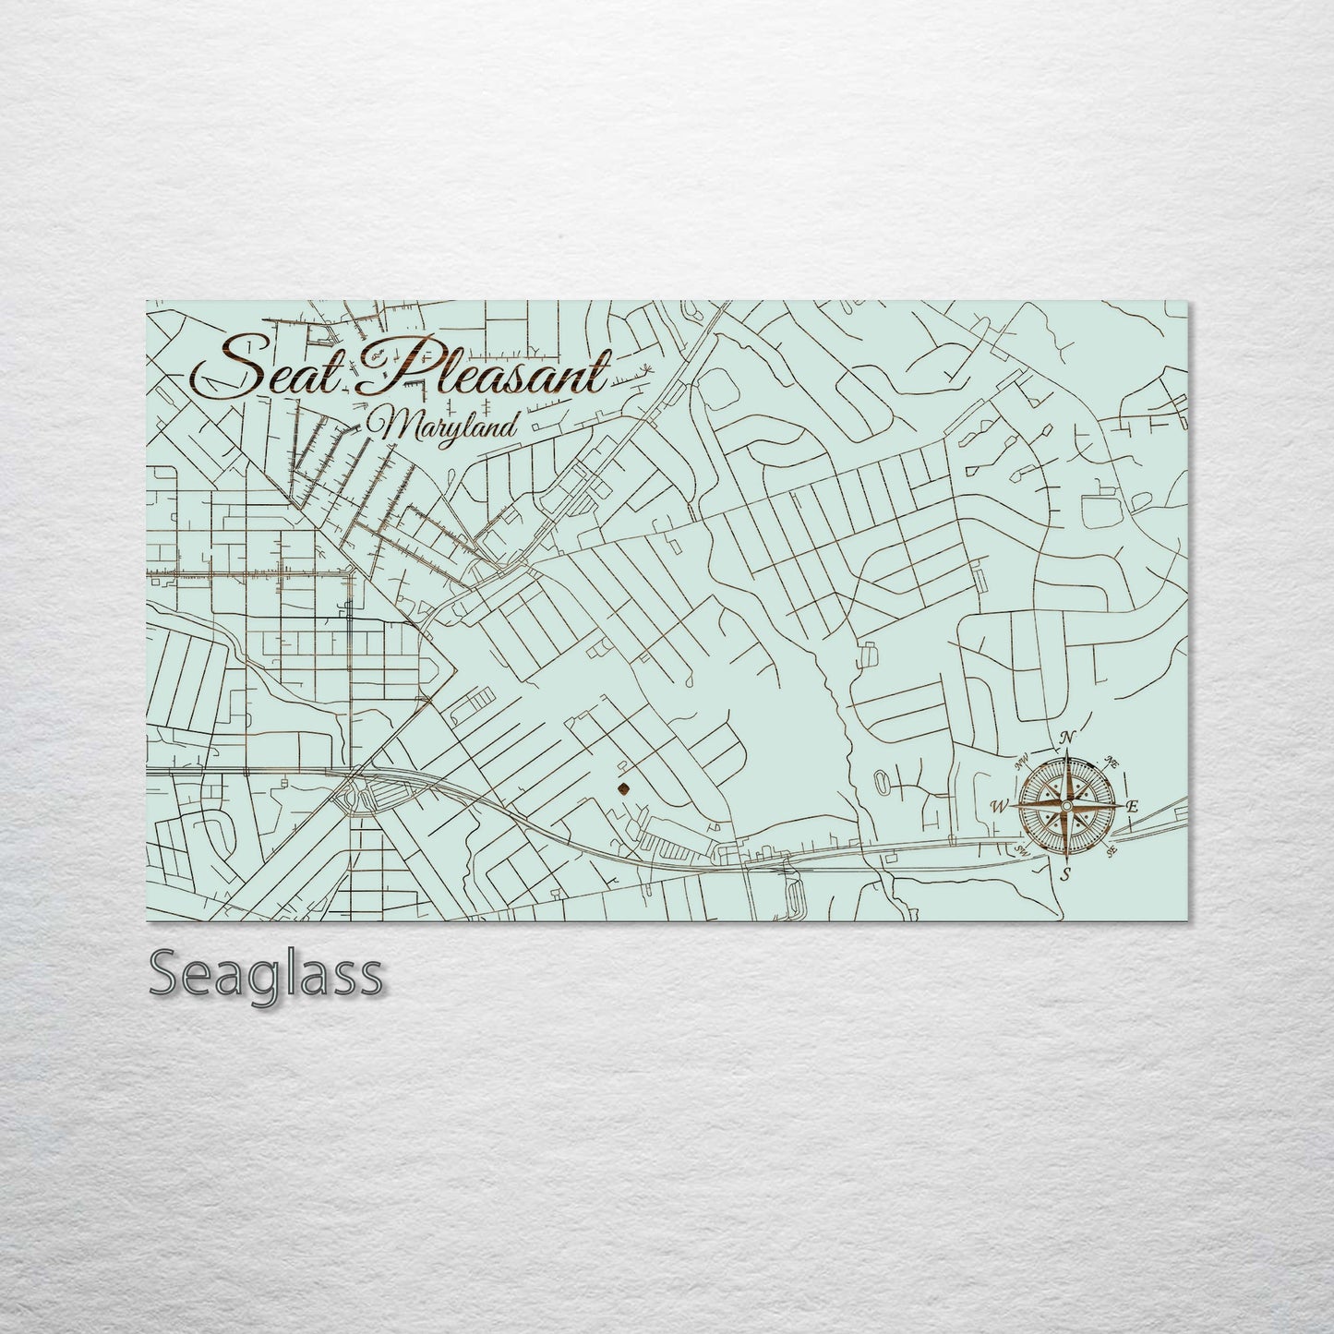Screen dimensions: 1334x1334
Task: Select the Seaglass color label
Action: [264, 974]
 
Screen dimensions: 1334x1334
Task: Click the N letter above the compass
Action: [1068, 738]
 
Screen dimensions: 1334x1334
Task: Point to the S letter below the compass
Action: [1065, 873]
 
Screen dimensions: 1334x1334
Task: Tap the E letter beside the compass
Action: [1133, 807]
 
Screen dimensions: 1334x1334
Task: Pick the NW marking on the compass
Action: [1022, 763]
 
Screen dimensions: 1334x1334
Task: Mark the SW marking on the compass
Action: [1022, 850]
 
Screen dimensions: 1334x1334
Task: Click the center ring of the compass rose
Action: [1066, 806]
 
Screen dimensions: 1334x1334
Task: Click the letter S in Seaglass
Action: [166, 974]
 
